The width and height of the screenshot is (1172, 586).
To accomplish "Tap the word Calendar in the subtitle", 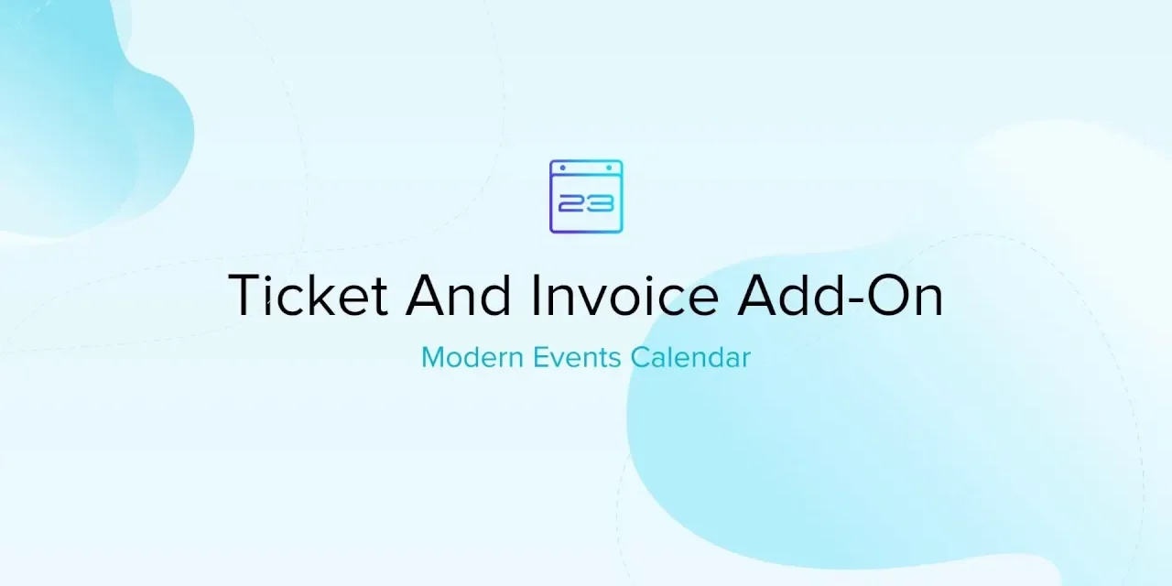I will pos(690,358).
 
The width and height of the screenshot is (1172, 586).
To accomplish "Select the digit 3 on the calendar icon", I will pos(599,202).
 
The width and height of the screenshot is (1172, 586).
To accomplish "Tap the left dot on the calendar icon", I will pos(562,168).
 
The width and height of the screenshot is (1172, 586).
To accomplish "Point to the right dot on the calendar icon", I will pos(610,168).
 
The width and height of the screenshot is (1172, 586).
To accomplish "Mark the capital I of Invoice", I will pos(537,295).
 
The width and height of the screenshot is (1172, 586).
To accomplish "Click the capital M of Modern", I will pos(433,358).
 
